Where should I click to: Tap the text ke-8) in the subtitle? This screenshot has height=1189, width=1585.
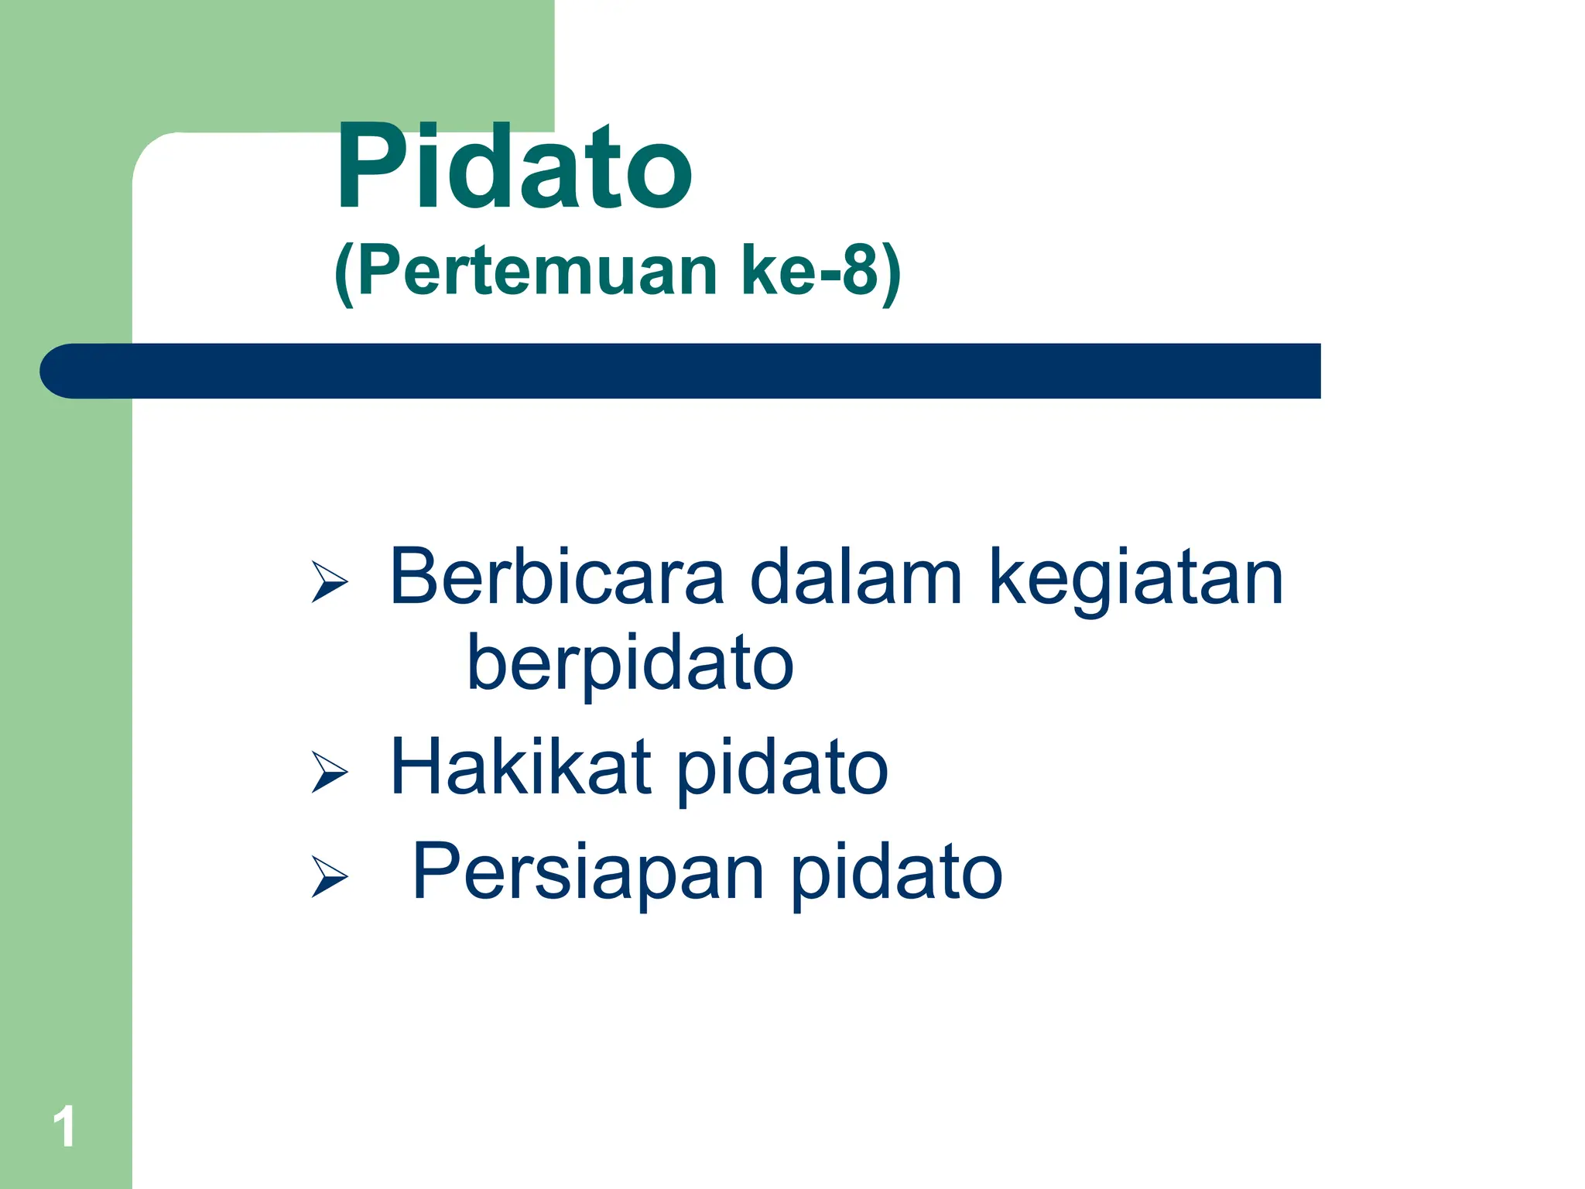[x=820, y=271]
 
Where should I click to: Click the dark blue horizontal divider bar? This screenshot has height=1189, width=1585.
[x=681, y=371]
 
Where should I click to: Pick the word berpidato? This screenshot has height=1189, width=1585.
[x=630, y=664]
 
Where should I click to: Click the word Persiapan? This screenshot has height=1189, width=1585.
[x=588, y=871]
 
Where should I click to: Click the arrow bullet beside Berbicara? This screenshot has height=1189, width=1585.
[x=329, y=581]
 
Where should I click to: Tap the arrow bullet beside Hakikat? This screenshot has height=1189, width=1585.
[x=329, y=771]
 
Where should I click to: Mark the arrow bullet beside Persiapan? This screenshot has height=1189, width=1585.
[x=329, y=875]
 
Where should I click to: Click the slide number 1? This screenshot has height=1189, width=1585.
[x=64, y=1126]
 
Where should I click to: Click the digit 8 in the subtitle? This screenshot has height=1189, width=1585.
[x=859, y=271]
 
